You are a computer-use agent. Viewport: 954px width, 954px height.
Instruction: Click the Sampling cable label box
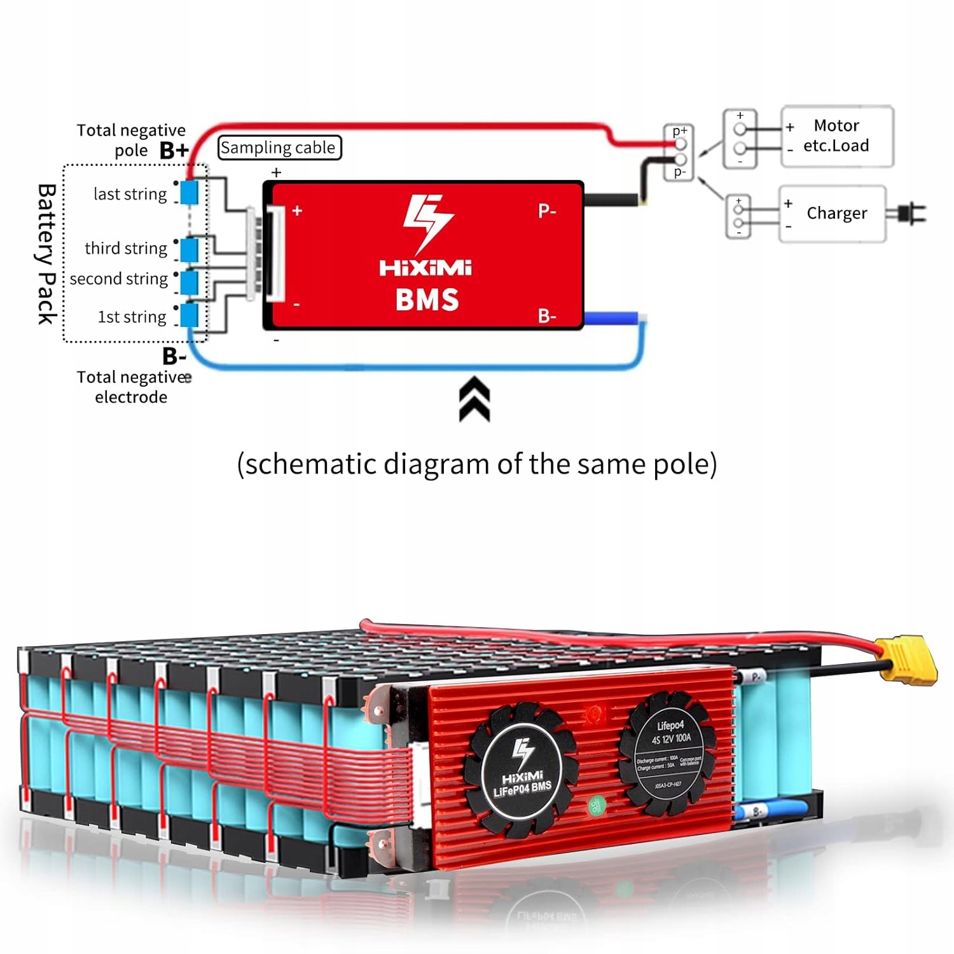(279, 148)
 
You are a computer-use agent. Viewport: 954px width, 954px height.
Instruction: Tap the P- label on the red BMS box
(547, 211)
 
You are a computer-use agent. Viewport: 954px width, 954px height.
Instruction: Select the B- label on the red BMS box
(547, 315)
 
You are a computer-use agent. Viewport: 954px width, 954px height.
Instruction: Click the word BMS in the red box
(427, 300)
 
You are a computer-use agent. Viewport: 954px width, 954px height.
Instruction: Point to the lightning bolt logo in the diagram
(427, 223)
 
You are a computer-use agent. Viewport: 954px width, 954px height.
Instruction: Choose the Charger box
(833, 214)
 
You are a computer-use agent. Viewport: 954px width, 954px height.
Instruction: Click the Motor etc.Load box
(836, 136)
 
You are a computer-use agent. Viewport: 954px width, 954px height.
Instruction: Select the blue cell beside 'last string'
(189, 192)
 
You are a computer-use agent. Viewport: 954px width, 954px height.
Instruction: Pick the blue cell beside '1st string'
(189, 315)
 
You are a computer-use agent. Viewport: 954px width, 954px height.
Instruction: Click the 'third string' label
(126, 248)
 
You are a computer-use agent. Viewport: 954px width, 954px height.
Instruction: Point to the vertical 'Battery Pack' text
(46, 254)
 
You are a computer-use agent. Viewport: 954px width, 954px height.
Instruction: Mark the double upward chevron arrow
(474, 399)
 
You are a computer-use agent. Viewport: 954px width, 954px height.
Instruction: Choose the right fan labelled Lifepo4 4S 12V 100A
(668, 754)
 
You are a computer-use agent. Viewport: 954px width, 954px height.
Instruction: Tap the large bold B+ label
(174, 150)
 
